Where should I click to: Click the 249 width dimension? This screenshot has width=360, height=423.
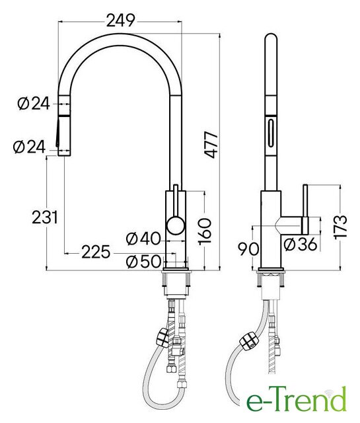pos(120,20)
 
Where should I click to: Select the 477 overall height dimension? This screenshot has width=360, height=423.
pos(211,145)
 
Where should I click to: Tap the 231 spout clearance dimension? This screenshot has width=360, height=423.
pos(45,217)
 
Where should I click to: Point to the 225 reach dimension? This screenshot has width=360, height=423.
pos(96,252)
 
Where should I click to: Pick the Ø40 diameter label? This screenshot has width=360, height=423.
pos(143,239)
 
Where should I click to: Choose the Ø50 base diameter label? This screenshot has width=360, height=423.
pos(143,262)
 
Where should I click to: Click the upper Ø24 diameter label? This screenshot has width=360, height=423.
pos(34,104)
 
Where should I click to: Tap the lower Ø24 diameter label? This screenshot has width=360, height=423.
pos(29,147)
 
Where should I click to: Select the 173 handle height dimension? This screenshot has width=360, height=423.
pos(341,227)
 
